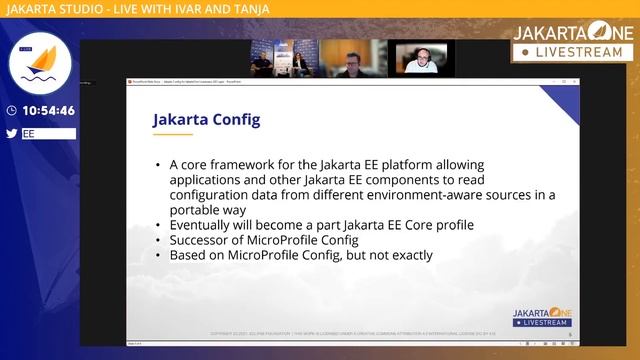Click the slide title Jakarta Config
click(206, 119)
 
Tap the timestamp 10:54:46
click(48, 111)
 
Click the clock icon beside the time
click(11, 111)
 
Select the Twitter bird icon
click(11, 133)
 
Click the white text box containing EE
click(48, 133)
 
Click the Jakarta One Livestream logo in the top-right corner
click(574, 41)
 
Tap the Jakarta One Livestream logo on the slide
click(541, 317)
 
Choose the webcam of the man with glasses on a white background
click(421, 59)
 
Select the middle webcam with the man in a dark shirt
click(352, 59)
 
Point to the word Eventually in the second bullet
click(204, 225)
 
